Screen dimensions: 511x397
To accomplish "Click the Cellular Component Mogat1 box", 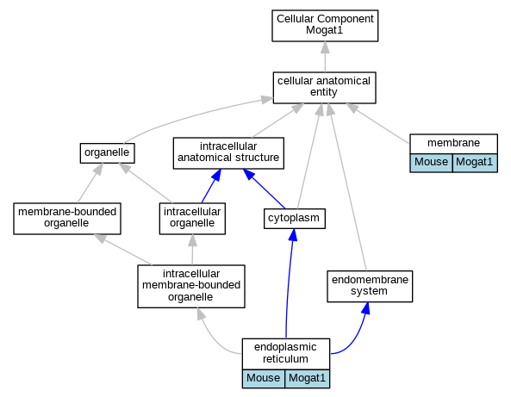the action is [x=325, y=26].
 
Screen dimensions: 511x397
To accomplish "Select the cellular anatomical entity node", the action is [x=324, y=88].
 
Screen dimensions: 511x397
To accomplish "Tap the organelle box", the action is [x=107, y=153].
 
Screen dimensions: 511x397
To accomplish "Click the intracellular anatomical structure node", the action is [x=228, y=153].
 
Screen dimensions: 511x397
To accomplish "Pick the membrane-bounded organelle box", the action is [x=67, y=219].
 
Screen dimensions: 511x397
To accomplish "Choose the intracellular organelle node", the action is [x=192, y=219].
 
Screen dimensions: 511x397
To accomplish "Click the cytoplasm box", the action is [x=295, y=219].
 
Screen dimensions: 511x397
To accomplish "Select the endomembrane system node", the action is [x=370, y=286].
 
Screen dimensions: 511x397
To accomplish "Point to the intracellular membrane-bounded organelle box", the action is [x=191, y=286].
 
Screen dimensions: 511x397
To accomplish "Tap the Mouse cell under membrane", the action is [x=431, y=163].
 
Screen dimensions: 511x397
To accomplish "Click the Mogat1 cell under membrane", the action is [x=475, y=163].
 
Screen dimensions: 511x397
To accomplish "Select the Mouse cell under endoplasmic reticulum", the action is [x=264, y=379].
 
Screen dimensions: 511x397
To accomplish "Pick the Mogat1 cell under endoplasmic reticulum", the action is [x=307, y=379].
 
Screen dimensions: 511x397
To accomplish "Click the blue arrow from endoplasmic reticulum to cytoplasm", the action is [x=288, y=283].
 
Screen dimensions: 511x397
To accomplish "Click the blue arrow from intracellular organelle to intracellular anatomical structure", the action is [x=211, y=186].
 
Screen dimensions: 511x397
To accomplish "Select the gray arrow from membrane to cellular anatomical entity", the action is [x=377, y=123].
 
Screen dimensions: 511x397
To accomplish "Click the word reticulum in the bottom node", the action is [x=285, y=359].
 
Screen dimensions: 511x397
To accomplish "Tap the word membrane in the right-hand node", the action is [x=453, y=143].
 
